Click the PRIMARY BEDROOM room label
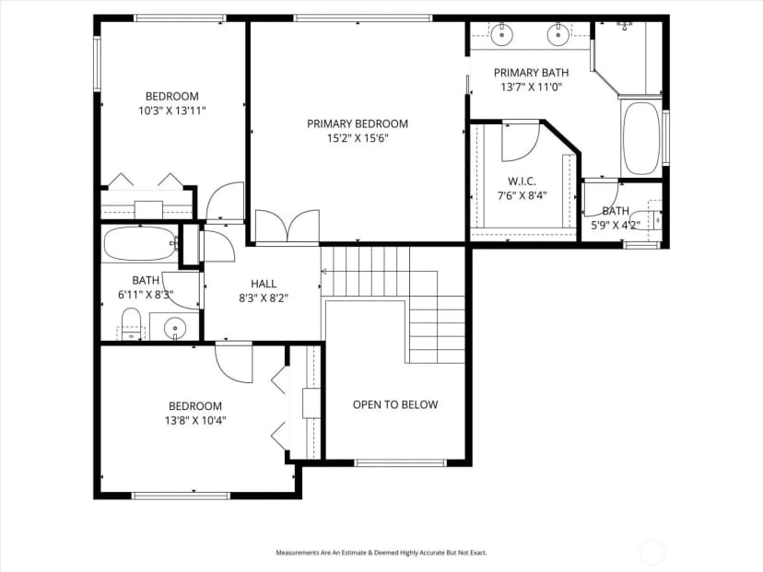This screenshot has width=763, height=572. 358,123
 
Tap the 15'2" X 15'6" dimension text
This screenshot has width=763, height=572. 358,138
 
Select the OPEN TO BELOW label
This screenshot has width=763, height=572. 395,404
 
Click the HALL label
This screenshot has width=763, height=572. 264,284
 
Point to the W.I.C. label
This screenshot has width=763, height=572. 522,181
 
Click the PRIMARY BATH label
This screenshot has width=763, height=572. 532,73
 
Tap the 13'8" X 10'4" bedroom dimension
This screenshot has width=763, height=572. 195,420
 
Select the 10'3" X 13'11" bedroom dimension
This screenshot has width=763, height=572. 172,111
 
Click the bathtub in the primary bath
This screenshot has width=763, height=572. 640,138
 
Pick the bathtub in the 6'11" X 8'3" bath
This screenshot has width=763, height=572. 140,243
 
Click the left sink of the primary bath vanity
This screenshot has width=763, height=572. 500,34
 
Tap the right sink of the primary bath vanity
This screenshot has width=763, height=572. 558,34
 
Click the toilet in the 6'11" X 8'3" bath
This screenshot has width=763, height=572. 131,322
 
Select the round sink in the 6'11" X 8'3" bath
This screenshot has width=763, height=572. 174,327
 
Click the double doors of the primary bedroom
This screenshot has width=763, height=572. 288,226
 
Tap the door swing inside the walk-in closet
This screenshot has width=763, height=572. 521,142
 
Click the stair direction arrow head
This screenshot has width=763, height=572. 324,272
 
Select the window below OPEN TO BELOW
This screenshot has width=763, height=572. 400,462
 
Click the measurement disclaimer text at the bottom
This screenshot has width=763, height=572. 381,553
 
